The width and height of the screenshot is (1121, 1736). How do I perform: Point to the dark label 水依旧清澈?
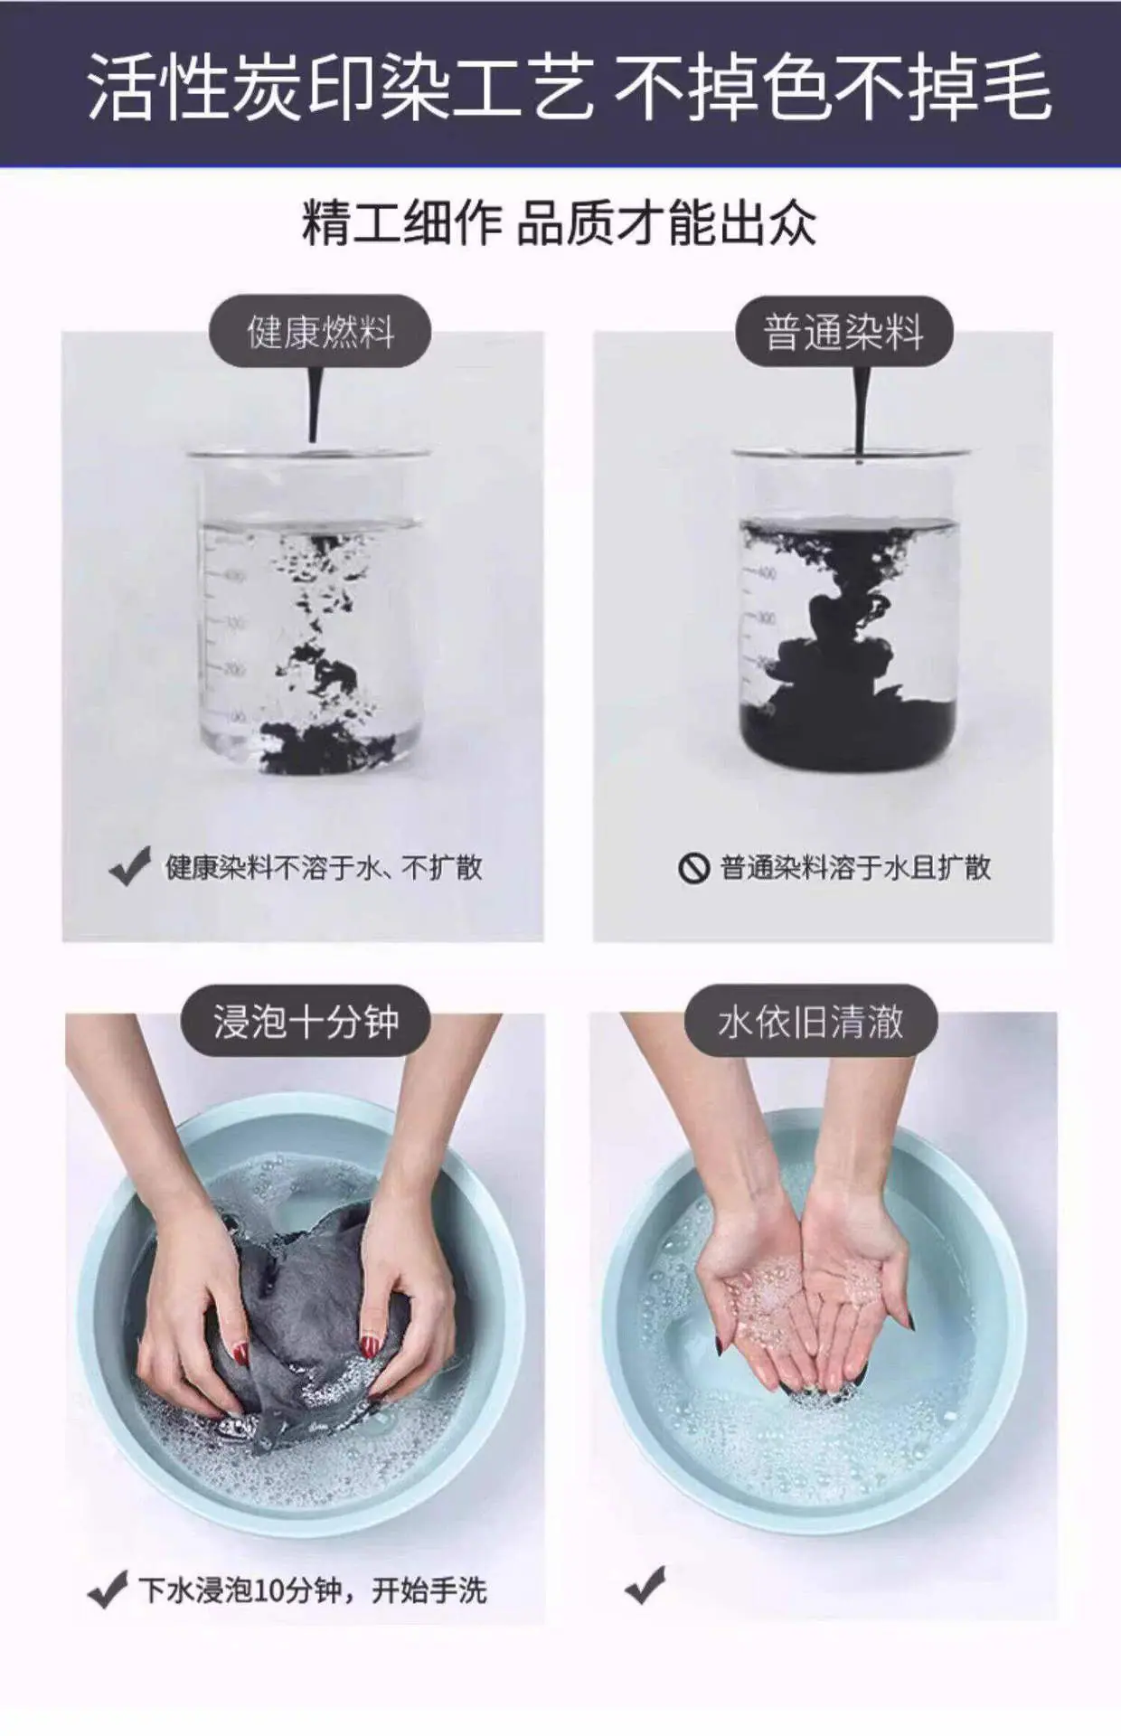point(810,1021)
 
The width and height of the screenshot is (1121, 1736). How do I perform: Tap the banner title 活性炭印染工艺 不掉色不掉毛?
point(570,86)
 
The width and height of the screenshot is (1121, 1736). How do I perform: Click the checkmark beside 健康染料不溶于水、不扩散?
point(129,867)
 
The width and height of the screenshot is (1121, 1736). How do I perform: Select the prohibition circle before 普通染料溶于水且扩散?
point(693,869)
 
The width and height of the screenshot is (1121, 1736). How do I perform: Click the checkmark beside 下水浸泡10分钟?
point(107,1590)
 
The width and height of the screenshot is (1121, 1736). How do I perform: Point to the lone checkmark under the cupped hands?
point(645,1586)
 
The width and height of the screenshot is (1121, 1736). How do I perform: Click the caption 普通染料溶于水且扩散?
point(855,868)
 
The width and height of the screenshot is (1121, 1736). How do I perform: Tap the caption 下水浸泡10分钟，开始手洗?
point(313,1590)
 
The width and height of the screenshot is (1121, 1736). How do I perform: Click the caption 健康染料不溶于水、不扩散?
point(323,868)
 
